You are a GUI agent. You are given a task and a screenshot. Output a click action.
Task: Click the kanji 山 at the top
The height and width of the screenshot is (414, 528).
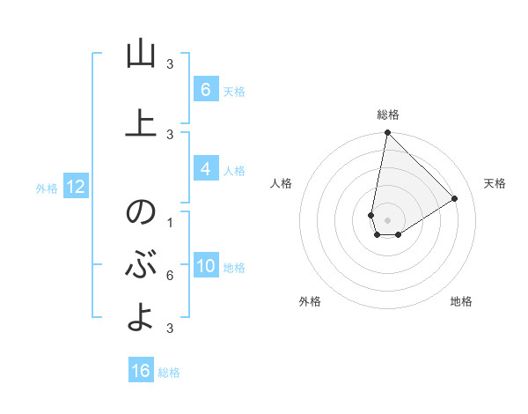pyautogui.click(x=140, y=55)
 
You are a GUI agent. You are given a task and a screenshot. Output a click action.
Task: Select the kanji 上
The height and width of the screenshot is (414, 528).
pyautogui.click(x=140, y=123)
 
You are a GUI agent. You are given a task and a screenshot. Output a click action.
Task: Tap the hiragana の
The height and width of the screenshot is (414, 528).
pyautogui.click(x=140, y=213)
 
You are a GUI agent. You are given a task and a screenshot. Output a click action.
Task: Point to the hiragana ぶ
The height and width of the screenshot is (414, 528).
pyautogui.click(x=140, y=264)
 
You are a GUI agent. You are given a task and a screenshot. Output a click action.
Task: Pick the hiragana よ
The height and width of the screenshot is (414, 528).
pyautogui.click(x=140, y=316)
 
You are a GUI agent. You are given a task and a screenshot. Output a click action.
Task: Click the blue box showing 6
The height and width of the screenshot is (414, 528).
pyautogui.click(x=205, y=89)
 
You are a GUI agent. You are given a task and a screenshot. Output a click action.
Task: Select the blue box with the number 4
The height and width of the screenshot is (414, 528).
pyautogui.click(x=205, y=169)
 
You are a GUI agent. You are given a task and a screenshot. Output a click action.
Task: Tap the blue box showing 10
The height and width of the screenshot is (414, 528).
pyautogui.click(x=206, y=266)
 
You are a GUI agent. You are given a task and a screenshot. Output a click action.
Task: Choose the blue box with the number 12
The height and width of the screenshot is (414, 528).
pyautogui.click(x=76, y=187)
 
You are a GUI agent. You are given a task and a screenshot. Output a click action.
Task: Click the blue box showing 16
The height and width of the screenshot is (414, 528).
pyautogui.click(x=141, y=371)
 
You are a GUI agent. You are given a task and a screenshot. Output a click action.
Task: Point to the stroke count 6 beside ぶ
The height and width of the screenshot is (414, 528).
pyautogui.click(x=170, y=276)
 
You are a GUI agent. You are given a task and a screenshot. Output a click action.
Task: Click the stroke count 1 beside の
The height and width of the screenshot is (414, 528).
pyautogui.click(x=170, y=222)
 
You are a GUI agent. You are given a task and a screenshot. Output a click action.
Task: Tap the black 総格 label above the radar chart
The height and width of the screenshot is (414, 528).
pyautogui.click(x=388, y=115)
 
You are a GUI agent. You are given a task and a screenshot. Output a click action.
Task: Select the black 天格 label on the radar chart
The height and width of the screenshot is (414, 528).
pyautogui.click(x=495, y=183)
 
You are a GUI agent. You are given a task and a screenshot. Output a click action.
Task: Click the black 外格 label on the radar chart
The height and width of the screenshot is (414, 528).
pyautogui.click(x=310, y=301)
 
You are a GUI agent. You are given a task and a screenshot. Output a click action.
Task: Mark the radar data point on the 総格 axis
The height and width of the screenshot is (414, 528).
pyautogui.click(x=387, y=133)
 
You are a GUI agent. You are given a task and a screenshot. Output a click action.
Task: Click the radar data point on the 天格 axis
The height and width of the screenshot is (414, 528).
pyautogui.click(x=455, y=198)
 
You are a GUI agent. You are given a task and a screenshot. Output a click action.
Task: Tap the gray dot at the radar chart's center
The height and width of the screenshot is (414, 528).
pyautogui.click(x=387, y=220)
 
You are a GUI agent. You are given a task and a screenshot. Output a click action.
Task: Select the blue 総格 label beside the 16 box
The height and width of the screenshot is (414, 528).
pyautogui.click(x=169, y=373)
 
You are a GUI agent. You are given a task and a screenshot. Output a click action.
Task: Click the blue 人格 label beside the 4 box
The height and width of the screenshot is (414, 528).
pyautogui.click(x=234, y=171)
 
